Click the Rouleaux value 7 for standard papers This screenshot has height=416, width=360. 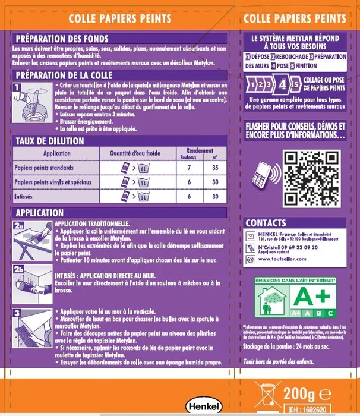[x=188, y=168]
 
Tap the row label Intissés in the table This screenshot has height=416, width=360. [x=26, y=196]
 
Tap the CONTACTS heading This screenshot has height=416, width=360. [x=266, y=223]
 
